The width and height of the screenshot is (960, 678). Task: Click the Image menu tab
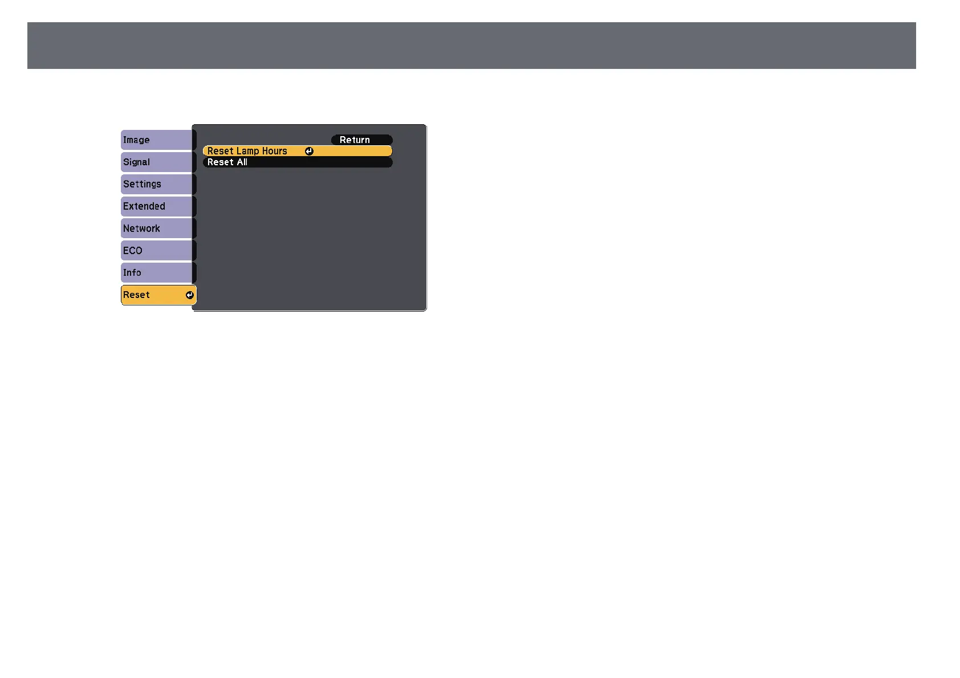(x=157, y=140)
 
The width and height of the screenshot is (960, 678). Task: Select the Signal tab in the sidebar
(x=157, y=162)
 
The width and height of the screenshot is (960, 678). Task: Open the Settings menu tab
(x=157, y=185)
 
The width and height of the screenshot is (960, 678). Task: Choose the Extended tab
(x=157, y=206)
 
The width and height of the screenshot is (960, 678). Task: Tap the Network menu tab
(x=157, y=228)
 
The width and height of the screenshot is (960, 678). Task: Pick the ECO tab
(x=157, y=251)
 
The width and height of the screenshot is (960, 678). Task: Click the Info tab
(x=157, y=273)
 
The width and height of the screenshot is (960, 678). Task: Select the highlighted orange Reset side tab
(x=154, y=295)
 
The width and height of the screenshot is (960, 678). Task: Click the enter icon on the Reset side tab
(x=190, y=295)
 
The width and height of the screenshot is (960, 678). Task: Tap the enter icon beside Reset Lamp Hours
(x=309, y=151)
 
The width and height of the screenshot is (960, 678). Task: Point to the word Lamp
(x=247, y=151)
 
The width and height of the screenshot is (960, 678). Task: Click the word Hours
(x=275, y=151)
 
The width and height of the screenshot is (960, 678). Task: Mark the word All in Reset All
(x=242, y=162)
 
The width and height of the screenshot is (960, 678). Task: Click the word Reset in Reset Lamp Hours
(x=221, y=151)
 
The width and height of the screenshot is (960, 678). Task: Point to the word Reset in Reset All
(x=221, y=162)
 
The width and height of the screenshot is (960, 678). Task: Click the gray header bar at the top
(x=471, y=46)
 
